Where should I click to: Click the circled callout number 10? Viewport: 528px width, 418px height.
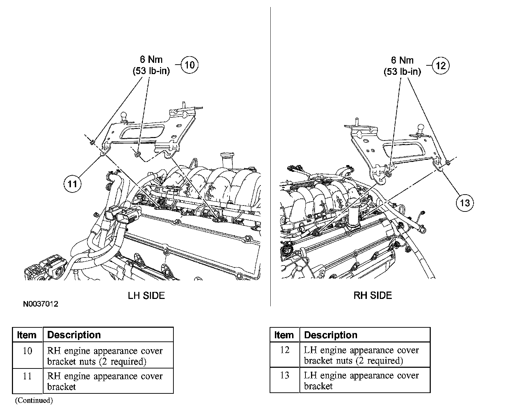tap(189, 65)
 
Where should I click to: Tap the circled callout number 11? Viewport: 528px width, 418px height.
tap(72, 184)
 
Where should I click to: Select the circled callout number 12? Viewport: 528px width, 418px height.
tap(440, 66)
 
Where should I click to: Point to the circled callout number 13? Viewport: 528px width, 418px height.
tap(464, 203)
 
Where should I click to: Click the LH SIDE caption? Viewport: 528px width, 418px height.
tap(146, 295)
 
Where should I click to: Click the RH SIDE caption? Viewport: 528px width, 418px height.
tap(372, 295)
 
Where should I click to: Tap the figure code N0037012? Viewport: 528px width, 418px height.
tap(41, 304)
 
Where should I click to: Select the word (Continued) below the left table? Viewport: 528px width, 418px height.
tap(34, 400)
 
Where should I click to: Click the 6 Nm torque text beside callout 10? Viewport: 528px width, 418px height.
tap(151, 60)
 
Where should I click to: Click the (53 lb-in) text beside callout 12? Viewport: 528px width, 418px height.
tap(402, 72)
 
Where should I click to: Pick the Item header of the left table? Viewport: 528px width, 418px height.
tap(27, 335)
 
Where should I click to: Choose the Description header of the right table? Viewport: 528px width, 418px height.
tap(330, 335)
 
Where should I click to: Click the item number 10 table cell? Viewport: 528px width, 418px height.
tap(27, 351)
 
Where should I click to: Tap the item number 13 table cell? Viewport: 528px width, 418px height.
tap(285, 375)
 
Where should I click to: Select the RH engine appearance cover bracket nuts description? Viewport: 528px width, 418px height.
tap(105, 356)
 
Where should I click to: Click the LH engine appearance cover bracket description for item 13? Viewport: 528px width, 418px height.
tap(361, 380)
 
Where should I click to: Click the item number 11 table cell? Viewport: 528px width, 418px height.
tap(27, 376)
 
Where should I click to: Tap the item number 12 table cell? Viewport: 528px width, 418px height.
tap(285, 350)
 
